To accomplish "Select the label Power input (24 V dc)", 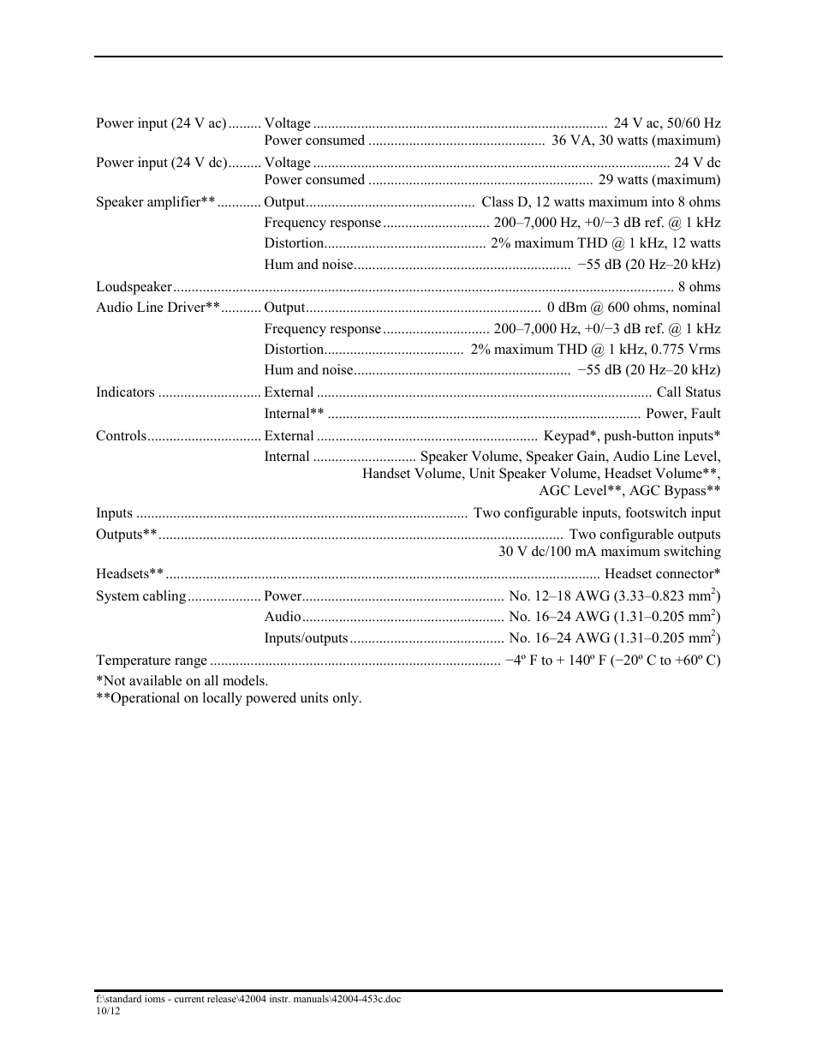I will coord(161,163).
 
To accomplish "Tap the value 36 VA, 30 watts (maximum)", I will coord(635,140).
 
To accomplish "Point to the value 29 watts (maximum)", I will coord(659,180).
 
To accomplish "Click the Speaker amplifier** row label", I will coord(155,202).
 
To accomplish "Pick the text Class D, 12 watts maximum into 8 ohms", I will coord(600,202).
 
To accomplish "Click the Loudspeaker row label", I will coord(134,287).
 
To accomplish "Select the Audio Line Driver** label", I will coord(158,308).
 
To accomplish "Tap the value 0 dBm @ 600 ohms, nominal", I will coord(634,308).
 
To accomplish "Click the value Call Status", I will coord(688,392).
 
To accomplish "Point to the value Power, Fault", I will coord(683,414).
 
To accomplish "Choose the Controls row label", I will coord(121,436).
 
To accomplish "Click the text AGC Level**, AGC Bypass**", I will coord(629,491).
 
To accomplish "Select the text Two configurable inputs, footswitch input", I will coord(597,513).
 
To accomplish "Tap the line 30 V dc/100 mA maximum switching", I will coord(609,552).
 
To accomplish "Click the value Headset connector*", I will coord(662,574).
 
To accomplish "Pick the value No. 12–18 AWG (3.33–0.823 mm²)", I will coord(614,595).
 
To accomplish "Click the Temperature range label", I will coord(152,661).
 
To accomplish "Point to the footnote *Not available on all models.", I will coord(182,681).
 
